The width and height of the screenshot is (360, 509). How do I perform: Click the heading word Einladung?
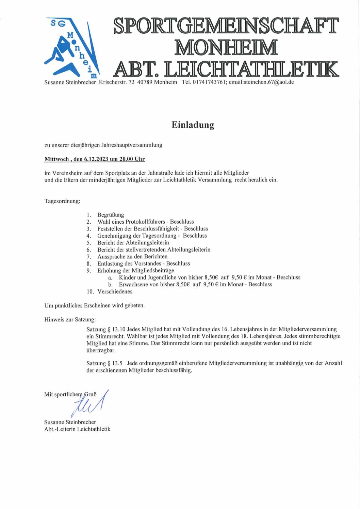click(x=193, y=125)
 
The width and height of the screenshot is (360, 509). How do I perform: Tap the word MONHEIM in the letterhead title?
click(x=226, y=48)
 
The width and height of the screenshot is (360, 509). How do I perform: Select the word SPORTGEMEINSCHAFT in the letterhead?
click(x=226, y=26)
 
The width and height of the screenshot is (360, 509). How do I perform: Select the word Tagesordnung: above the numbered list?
click(x=62, y=201)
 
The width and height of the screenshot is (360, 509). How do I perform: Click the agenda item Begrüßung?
click(x=111, y=215)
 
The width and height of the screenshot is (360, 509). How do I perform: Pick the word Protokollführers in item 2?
click(x=145, y=222)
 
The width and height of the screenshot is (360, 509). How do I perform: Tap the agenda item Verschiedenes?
click(x=115, y=291)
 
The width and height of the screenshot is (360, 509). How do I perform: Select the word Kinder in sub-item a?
click(x=127, y=277)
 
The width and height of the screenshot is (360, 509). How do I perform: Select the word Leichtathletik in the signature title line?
click(x=94, y=429)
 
